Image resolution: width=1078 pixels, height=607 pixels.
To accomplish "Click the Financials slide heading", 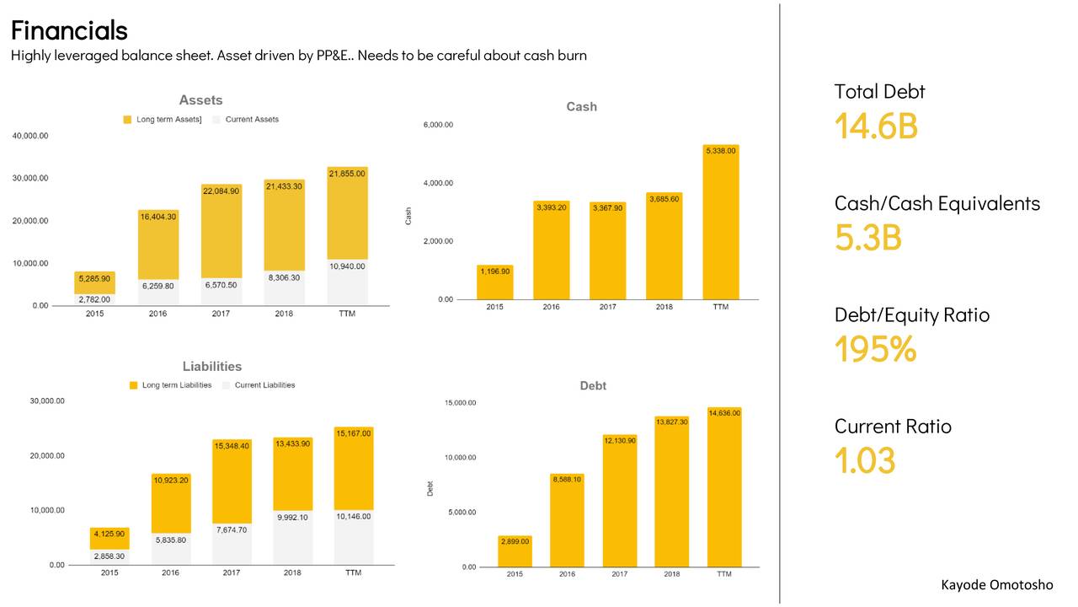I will click(x=69, y=30).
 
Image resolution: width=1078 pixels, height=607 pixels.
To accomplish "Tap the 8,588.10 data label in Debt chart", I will click(x=566, y=479).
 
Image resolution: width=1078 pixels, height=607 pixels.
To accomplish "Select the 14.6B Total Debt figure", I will click(x=876, y=126).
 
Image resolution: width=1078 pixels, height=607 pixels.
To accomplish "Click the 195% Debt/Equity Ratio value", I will click(x=875, y=349).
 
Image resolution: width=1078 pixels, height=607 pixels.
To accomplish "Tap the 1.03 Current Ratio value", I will click(x=865, y=460).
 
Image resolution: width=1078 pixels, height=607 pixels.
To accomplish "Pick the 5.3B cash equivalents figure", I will click(x=867, y=238).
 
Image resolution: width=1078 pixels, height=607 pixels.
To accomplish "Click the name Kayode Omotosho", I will click(x=996, y=585).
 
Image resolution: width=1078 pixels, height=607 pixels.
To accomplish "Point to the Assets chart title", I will click(x=200, y=100).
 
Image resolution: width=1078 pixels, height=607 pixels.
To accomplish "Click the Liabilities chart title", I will click(x=212, y=367).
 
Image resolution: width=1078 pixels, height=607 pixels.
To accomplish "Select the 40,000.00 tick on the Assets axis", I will click(x=30, y=136).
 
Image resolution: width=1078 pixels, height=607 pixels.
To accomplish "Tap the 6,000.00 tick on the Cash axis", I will click(x=437, y=125).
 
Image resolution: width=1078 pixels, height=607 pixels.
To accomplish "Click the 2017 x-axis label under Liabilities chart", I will click(x=232, y=573).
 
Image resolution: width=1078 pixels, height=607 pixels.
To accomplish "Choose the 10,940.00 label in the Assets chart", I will click(x=347, y=266).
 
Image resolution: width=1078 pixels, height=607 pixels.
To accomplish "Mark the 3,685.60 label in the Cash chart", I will click(x=664, y=199).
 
